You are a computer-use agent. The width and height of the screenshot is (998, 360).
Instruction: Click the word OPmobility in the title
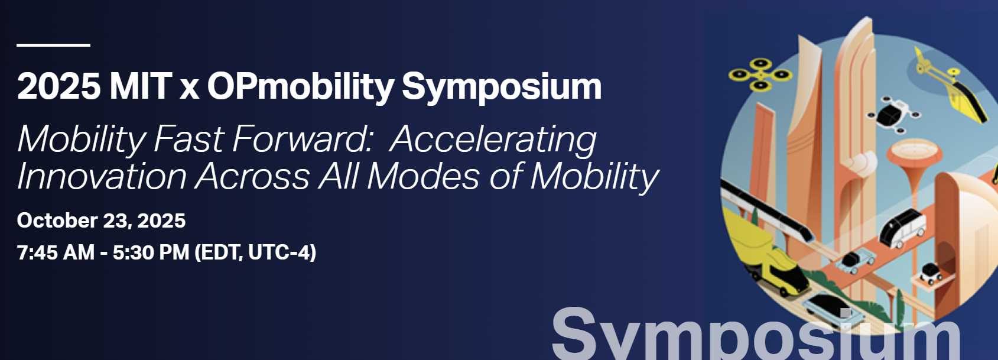pos(300,87)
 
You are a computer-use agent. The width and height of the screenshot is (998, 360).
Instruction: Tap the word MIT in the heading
pos(141,86)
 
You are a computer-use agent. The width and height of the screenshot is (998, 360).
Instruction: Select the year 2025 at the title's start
pos(59,86)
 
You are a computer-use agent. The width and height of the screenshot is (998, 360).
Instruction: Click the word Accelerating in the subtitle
pos(493,140)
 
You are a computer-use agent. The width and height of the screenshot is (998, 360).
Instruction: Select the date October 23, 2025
pos(101,221)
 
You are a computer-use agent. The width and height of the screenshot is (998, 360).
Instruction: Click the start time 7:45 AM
pos(56,252)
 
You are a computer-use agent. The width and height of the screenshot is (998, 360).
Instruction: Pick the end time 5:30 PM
pos(151,252)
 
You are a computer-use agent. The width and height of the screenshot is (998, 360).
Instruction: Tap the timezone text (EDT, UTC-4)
pos(255,252)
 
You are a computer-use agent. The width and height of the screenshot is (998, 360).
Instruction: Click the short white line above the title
pos(53,45)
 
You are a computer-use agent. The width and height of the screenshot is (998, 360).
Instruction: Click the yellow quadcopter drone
pos(760,74)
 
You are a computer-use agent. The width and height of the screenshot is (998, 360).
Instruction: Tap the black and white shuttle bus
pos(902,228)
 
